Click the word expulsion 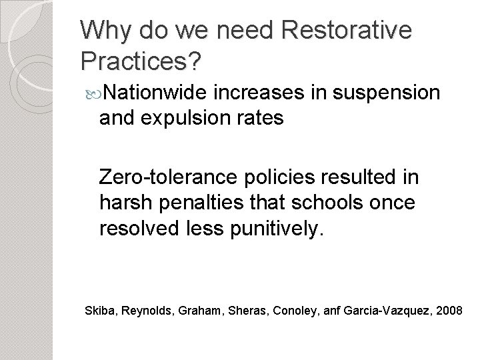point(190,118)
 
